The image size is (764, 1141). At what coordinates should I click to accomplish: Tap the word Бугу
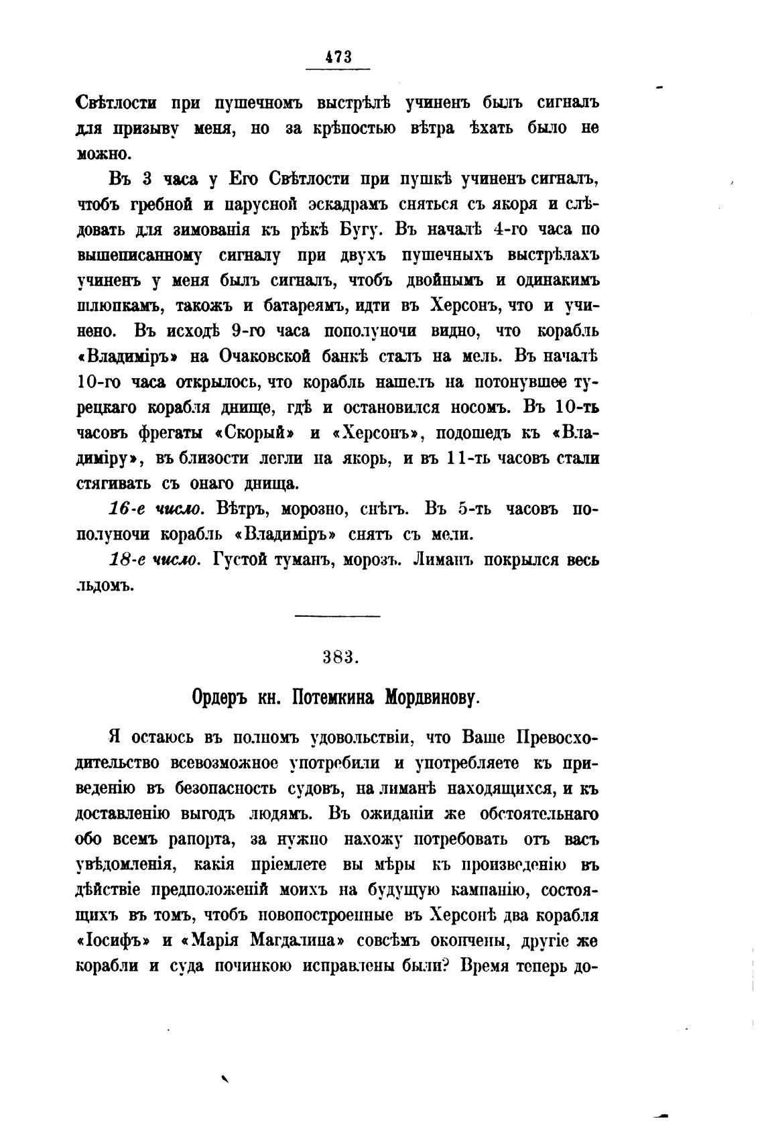coord(362,229)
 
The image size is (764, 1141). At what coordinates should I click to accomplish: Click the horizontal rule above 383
coord(338,615)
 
